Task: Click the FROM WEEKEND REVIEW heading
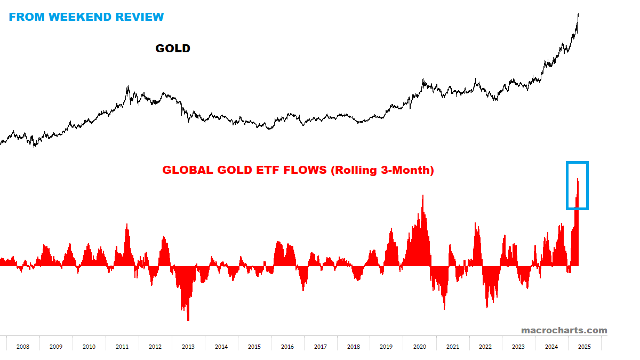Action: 86,17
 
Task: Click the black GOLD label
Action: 173,49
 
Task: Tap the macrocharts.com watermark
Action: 564,330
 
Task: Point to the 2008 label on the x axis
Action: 23,347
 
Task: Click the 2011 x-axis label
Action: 122,347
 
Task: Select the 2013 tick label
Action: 188,347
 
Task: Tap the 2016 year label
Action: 287,347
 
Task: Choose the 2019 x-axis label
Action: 386,347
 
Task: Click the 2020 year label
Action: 420,347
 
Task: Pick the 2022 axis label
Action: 485,347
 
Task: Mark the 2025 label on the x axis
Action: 585,347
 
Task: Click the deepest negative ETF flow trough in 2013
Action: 188,319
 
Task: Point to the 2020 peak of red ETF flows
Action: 423,196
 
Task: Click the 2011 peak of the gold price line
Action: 128,86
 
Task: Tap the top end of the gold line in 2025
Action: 579,15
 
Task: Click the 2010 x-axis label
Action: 89,347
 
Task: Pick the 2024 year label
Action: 551,347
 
